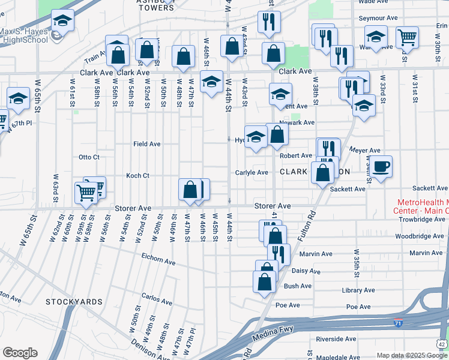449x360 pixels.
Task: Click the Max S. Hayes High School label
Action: pos(24,35)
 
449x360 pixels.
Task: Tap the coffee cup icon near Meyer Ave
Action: pos(380,166)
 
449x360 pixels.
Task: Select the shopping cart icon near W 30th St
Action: pos(408,38)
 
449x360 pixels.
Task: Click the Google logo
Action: pos(20,353)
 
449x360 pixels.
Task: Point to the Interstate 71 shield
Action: pos(399,323)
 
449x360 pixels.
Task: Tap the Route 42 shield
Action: pos(442,343)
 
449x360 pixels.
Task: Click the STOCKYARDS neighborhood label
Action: pos(74,301)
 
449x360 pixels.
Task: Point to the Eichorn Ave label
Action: pos(158,262)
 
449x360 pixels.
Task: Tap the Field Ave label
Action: pos(146,144)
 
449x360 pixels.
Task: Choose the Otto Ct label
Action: pos(89,157)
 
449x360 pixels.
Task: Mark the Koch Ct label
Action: pos(137,175)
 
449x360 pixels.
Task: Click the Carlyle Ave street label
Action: pos(251,173)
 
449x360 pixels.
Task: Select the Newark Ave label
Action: pos(300,122)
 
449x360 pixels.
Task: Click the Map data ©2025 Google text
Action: pos(411,355)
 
